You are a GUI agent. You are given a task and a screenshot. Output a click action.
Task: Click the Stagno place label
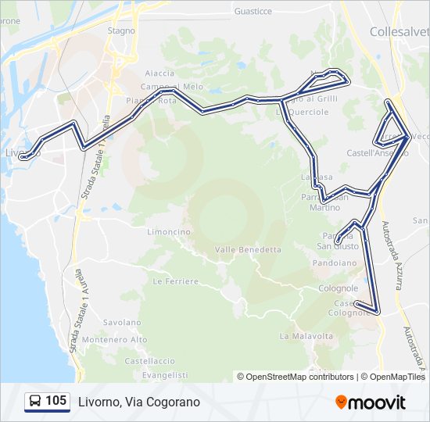click(x=121, y=30)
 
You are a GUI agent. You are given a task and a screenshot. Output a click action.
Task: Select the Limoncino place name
click(x=169, y=232)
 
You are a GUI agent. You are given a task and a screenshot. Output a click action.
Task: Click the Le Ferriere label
click(x=175, y=281)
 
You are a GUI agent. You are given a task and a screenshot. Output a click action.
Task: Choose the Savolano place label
click(x=122, y=322)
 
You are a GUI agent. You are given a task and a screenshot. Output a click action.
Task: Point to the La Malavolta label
click(x=306, y=336)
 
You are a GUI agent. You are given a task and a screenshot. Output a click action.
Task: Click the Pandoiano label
click(x=335, y=263)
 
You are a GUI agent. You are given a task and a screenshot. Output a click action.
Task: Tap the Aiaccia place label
click(x=159, y=73)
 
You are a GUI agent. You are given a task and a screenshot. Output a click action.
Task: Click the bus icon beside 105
click(x=35, y=402)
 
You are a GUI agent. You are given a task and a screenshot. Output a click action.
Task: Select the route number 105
click(x=56, y=402)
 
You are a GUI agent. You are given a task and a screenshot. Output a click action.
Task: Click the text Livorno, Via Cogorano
click(x=139, y=402)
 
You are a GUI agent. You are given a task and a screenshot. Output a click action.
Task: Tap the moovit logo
click(x=371, y=402)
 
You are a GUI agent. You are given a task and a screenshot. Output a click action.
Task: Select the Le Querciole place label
click(x=302, y=112)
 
